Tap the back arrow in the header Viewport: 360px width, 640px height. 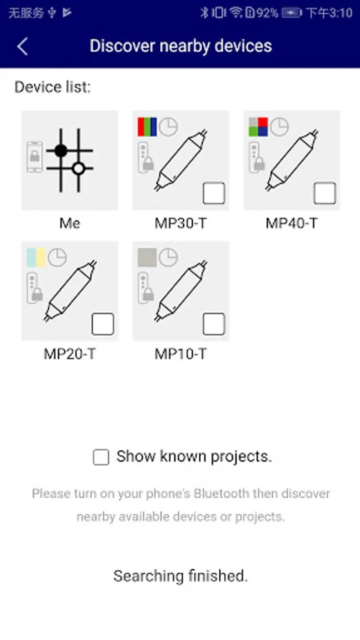click(x=23, y=46)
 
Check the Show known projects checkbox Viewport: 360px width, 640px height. click(x=101, y=457)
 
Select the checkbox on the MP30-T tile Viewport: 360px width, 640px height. click(x=214, y=193)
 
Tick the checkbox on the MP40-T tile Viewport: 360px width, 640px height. click(x=325, y=193)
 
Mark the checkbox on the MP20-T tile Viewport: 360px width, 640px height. click(x=103, y=324)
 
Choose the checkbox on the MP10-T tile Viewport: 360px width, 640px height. click(x=214, y=324)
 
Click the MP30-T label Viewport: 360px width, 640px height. click(x=181, y=223)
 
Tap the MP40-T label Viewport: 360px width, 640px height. click(x=292, y=223)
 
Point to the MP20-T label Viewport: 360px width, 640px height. click(x=70, y=354)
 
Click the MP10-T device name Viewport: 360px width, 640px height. click(x=181, y=354)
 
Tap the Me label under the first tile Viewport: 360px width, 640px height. click(x=70, y=223)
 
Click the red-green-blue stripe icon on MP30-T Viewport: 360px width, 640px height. click(x=147, y=127)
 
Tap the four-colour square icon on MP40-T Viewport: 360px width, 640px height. click(x=258, y=127)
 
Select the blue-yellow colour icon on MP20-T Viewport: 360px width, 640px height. click(x=36, y=257)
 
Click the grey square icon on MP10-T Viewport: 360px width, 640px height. click(x=147, y=257)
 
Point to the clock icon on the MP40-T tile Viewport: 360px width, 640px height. click(x=280, y=127)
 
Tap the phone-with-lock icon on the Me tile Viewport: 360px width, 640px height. click(x=35, y=156)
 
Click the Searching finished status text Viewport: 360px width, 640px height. click(x=181, y=576)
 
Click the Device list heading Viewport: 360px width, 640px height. click(x=53, y=87)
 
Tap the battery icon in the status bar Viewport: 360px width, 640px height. click(x=292, y=13)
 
